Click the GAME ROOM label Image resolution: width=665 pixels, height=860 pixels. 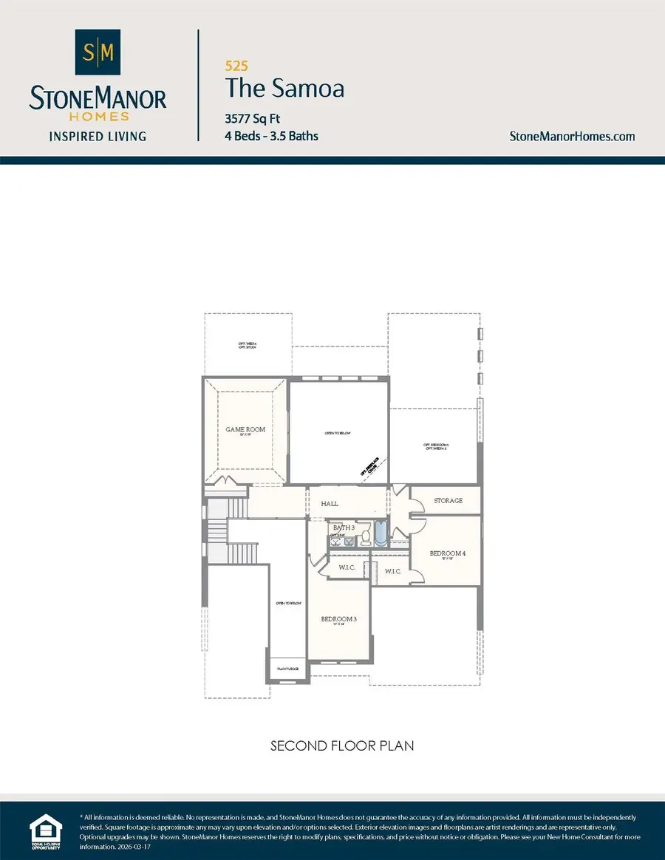pos(245,429)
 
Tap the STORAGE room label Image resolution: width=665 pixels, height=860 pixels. pos(448,500)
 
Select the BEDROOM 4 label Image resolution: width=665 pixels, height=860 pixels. pos(448,553)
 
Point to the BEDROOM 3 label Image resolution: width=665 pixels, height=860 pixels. pos(338,619)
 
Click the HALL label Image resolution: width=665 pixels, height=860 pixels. pos(330,504)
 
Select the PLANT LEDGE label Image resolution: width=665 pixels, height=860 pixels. pos(287,669)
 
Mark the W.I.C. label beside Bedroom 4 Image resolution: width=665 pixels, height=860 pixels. pos(392,571)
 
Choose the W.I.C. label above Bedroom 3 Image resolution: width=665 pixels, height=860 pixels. pos(347,567)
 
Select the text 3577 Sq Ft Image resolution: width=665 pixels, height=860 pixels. pos(252,118)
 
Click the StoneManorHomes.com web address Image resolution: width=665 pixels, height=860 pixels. pos(572,136)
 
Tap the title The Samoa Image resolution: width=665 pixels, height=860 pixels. pos(284,89)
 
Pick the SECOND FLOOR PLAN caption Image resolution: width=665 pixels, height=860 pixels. pos(342,745)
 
